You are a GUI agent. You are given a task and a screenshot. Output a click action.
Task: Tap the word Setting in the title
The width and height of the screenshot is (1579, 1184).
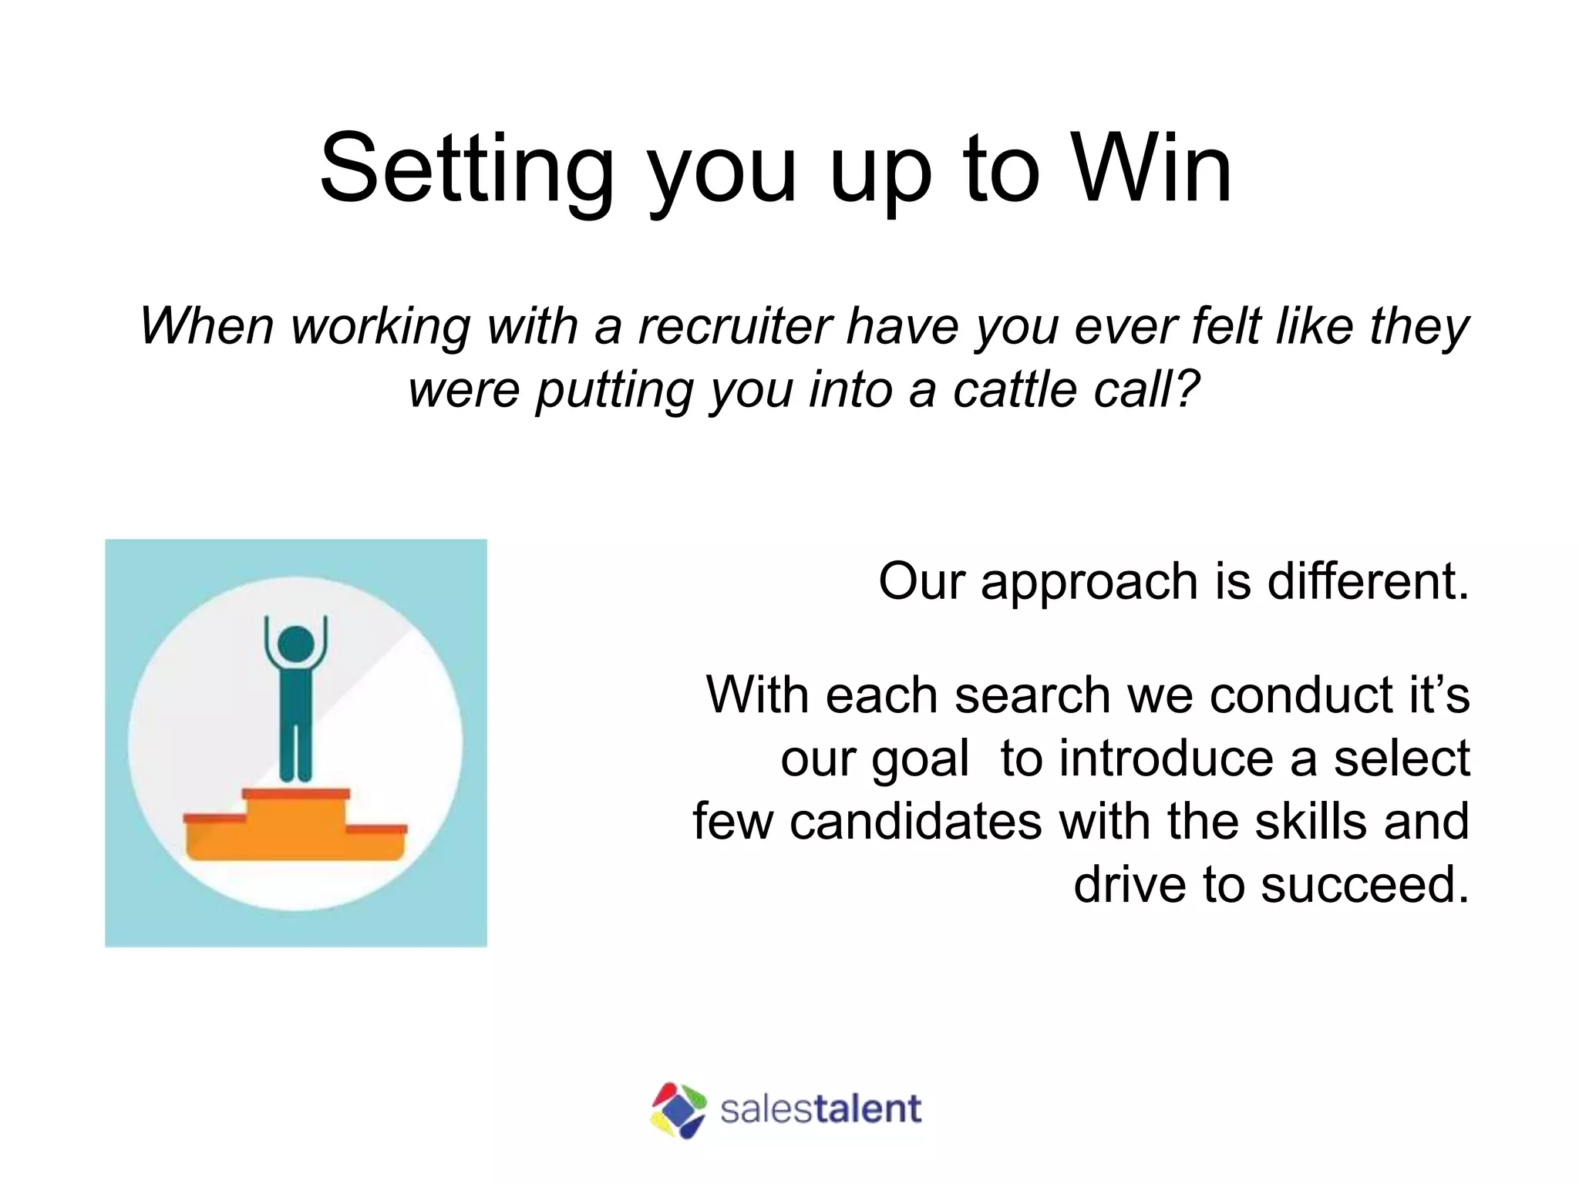467,170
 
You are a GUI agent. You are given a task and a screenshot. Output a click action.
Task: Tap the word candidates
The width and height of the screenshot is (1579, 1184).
915,822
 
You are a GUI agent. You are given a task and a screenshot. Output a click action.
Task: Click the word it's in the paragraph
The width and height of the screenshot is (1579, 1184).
1439,695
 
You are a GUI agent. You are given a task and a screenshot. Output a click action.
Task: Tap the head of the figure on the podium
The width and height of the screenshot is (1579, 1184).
295,644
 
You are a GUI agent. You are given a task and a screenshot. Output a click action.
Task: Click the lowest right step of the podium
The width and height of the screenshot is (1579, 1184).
375,840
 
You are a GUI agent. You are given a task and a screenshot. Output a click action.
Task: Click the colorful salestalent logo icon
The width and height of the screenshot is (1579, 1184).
678,1110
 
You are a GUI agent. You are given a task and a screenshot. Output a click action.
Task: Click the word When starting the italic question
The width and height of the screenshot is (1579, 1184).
207,326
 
